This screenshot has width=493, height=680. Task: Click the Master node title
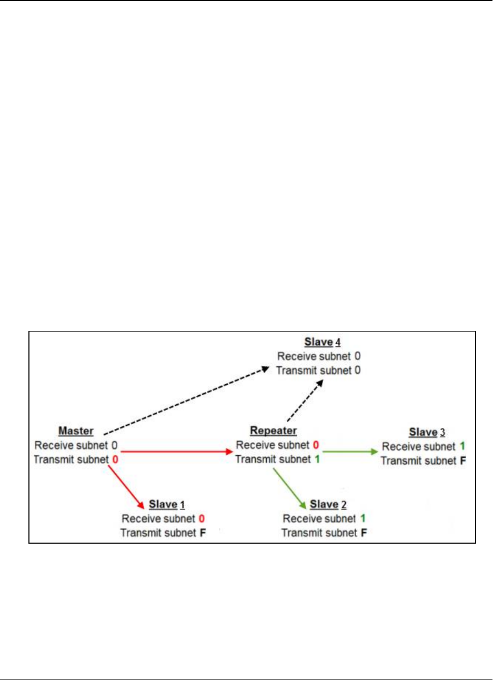click(x=76, y=431)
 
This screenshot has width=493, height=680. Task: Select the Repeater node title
click(x=273, y=431)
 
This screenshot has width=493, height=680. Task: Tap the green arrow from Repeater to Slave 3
click(x=350, y=452)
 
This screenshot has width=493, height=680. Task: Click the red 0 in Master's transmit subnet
click(x=115, y=459)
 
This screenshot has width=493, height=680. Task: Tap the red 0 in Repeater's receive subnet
click(x=316, y=445)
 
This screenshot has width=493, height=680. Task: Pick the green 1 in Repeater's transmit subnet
click(x=317, y=459)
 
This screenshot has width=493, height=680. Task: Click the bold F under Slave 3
click(x=462, y=461)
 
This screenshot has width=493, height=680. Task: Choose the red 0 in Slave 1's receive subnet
click(x=202, y=519)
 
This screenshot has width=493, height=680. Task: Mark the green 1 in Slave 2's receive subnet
click(x=363, y=519)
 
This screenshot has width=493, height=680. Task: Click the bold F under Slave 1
click(x=203, y=533)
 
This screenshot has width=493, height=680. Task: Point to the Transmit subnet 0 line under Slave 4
click(x=318, y=371)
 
